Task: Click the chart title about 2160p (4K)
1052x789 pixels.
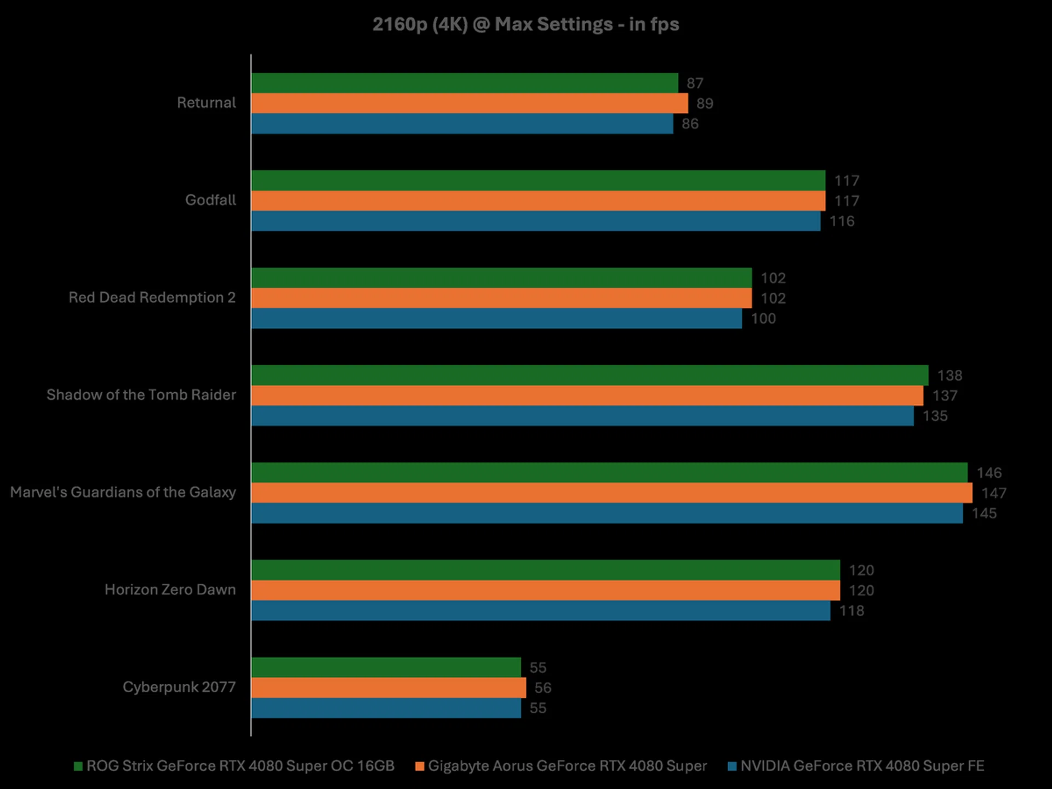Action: pos(525,25)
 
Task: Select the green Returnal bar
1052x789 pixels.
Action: pos(465,83)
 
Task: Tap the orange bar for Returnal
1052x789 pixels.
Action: pos(470,103)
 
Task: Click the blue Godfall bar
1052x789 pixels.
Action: pos(536,221)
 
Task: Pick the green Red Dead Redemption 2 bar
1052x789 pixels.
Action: pos(501,278)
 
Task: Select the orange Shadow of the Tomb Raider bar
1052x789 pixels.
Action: pos(587,396)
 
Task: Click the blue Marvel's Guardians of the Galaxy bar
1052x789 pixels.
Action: pos(607,513)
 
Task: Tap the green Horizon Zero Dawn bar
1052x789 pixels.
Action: pos(546,570)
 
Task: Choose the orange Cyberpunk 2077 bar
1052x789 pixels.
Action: pos(388,688)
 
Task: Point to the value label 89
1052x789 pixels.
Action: pos(705,104)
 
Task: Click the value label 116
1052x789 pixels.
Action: pos(842,221)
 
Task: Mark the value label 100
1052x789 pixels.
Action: pos(763,319)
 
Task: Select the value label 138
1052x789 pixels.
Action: pos(950,376)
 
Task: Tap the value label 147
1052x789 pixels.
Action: pos(993,493)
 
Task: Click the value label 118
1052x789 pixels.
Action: pos(851,611)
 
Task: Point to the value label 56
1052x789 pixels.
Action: pos(542,688)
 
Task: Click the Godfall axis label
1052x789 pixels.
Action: pos(210,200)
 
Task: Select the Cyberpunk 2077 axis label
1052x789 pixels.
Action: pos(179,687)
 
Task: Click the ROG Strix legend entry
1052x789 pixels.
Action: pos(235,766)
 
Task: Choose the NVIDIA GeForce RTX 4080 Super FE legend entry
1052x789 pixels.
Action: pos(856,766)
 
